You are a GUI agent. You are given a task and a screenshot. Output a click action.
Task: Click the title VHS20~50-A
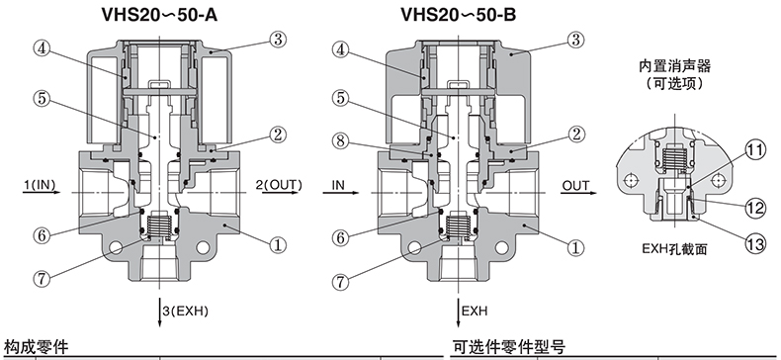tap(159, 15)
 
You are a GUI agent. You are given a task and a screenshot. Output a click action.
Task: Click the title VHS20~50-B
tap(459, 15)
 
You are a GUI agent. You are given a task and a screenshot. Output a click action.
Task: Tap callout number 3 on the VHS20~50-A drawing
tap(278, 40)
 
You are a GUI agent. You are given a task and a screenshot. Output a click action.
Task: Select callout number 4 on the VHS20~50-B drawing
tap(340, 49)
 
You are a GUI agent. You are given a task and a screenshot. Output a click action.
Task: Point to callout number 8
tap(340, 141)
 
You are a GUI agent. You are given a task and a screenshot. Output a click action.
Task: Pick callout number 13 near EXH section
tap(755, 244)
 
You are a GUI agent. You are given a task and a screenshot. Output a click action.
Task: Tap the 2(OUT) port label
tap(279, 186)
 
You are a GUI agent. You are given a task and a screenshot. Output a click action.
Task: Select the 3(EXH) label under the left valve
tap(185, 312)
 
